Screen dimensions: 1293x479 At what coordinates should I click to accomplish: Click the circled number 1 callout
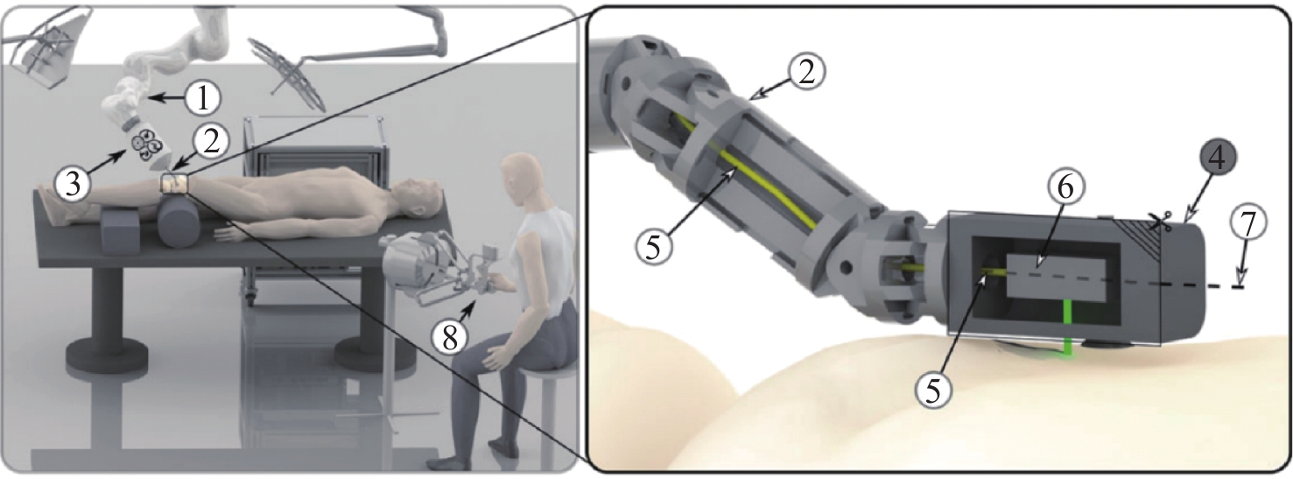click(203, 98)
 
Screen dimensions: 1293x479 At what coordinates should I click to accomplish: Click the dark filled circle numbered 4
click(1217, 158)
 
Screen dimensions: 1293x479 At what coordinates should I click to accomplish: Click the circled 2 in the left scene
click(212, 142)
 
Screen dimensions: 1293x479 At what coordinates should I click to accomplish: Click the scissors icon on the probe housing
click(1160, 222)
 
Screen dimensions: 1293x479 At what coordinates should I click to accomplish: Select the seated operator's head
click(523, 178)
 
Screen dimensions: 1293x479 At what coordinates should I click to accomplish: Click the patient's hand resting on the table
click(230, 234)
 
